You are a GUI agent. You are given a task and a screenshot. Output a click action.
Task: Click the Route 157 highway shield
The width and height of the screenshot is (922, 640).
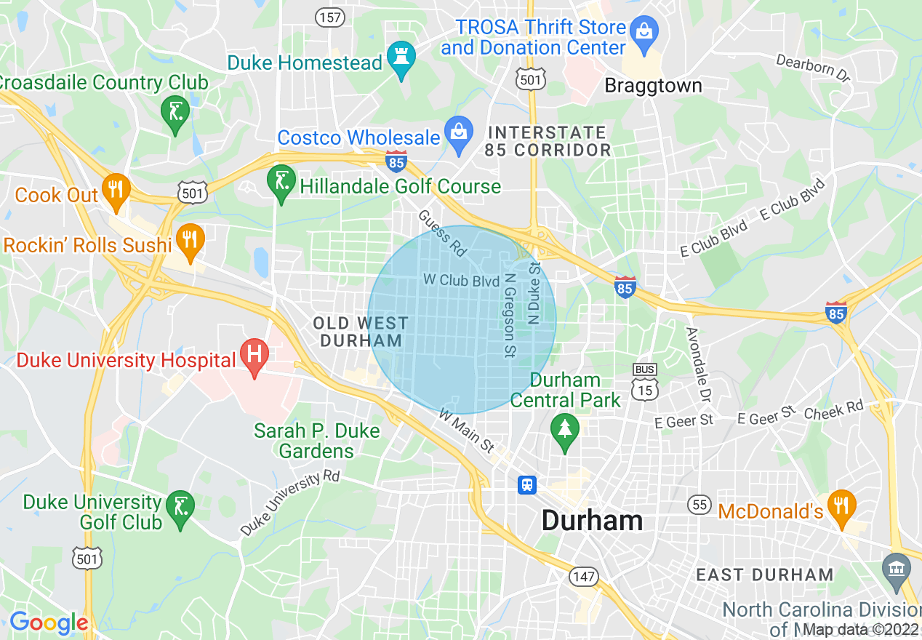tap(330, 17)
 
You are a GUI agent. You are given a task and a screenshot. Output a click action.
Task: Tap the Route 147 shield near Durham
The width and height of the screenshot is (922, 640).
tap(584, 577)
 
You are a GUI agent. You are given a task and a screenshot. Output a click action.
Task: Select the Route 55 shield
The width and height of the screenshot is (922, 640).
tap(699, 504)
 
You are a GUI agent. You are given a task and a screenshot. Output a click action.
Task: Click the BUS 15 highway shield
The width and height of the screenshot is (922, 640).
tap(644, 383)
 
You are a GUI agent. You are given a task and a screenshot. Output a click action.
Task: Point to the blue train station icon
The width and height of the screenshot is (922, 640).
tap(527, 484)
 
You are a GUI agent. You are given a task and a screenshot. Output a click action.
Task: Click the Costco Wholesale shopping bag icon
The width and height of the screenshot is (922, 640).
tap(458, 134)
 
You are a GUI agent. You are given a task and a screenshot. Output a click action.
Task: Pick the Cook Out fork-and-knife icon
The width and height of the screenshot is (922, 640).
tap(115, 190)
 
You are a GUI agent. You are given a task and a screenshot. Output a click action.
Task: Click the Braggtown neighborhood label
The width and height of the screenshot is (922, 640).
tap(653, 86)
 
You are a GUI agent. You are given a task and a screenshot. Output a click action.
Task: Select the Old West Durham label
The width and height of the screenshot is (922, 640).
tap(361, 332)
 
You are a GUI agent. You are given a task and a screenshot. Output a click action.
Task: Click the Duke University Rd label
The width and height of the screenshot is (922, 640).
tap(290, 503)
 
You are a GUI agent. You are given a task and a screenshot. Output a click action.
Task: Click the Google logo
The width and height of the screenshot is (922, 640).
tap(48, 623)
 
